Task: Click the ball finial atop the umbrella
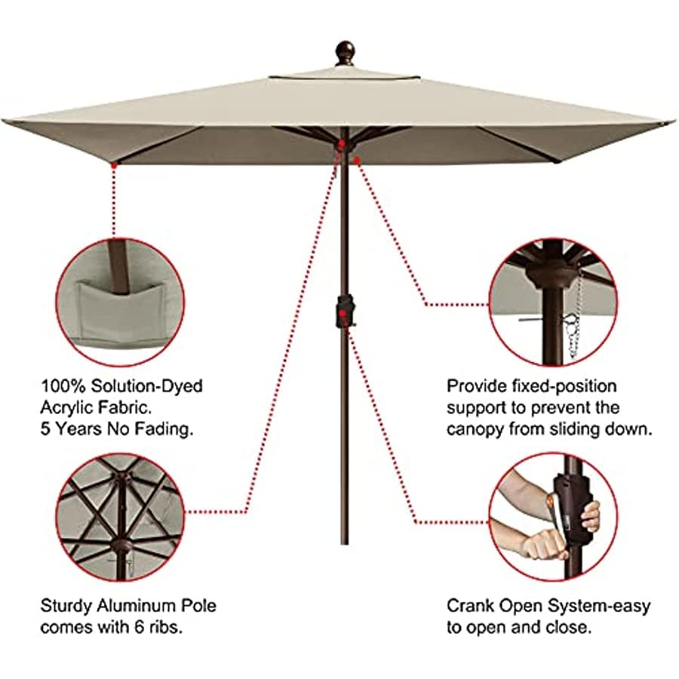[x=345, y=54]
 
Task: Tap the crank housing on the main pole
[x=345, y=311]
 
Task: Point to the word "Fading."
[x=164, y=429]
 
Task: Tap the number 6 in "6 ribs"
[x=139, y=628]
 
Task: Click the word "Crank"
[x=470, y=606]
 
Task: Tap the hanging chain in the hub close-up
[x=574, y=316]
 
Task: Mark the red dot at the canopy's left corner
[x=114, y=164]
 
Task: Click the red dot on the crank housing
[x=343, y=312]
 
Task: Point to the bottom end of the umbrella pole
[x=345, y=543]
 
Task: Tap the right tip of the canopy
[x=674, y=122]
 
